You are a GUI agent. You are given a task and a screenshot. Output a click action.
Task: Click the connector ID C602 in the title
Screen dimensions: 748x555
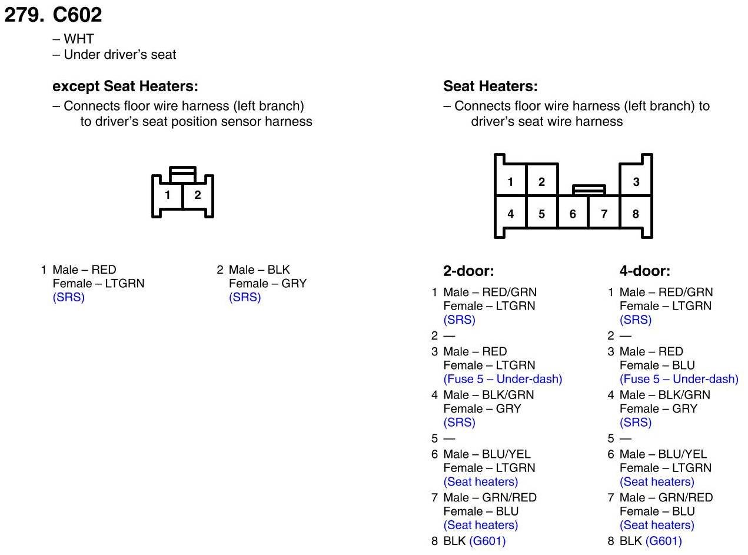(77, 15)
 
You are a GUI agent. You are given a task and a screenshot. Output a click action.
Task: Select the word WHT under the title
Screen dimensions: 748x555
(79, 39)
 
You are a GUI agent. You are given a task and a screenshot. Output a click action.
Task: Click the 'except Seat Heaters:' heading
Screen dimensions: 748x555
(125, 87)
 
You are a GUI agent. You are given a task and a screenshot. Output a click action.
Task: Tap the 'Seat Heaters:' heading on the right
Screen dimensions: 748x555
(490, 86)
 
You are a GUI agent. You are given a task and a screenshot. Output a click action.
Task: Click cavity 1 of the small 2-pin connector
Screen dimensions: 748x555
(167, 195)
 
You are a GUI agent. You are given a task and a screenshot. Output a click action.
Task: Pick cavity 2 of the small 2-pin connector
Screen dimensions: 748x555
(198, 195)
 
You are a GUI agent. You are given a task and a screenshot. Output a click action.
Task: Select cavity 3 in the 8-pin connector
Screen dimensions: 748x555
(636, 182)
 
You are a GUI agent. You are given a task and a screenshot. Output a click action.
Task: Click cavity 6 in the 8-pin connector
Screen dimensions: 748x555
(573, 214)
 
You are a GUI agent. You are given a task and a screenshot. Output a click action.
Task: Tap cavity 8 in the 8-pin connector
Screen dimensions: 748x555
(636, 214)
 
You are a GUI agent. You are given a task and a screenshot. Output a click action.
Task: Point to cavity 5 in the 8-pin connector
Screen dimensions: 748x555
(541, 214)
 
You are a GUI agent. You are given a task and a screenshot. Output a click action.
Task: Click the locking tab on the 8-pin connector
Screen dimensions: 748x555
(589, 190)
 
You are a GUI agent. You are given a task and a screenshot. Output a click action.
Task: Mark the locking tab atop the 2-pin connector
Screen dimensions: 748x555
(182, 174)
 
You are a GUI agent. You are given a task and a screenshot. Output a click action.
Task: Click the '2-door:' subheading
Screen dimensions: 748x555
(468, 271)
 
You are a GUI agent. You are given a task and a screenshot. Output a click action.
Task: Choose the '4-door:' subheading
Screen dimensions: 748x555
(645, 271)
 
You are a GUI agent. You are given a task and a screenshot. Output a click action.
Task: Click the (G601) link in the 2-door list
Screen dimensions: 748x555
(487, 541)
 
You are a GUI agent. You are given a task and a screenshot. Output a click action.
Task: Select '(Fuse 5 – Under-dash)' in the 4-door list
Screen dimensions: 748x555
(679, 379)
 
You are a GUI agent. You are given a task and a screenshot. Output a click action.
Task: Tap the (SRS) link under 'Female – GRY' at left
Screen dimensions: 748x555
(245, 297)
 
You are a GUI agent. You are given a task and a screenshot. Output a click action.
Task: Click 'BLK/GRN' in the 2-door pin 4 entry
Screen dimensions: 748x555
(508, 395)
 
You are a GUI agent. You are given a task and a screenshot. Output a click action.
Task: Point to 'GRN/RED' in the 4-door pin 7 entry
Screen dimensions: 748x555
(685, 497)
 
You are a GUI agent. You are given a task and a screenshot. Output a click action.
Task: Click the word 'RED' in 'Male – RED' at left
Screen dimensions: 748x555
(104, 270)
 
